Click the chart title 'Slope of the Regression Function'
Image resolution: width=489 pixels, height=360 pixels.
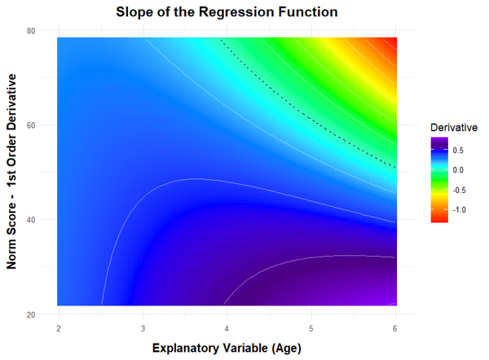pos(227,13)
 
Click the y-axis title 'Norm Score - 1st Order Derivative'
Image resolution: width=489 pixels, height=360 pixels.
pos(13,171)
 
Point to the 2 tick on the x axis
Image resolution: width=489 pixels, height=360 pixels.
pos(59,327)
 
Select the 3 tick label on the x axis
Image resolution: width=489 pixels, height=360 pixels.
pos(143,327)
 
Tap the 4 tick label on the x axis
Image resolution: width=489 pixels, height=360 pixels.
pos(227,327)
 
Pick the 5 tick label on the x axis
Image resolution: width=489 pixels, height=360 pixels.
pos(312,327)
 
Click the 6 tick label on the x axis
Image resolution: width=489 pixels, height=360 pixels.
pos(396,327)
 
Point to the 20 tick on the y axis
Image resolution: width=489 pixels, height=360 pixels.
pos(30,314)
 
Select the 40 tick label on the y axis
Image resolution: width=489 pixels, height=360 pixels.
pos(30,219)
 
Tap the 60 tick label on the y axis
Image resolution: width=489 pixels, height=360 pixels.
pos(30,125)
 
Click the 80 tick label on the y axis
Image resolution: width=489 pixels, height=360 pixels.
pos(30,30)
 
